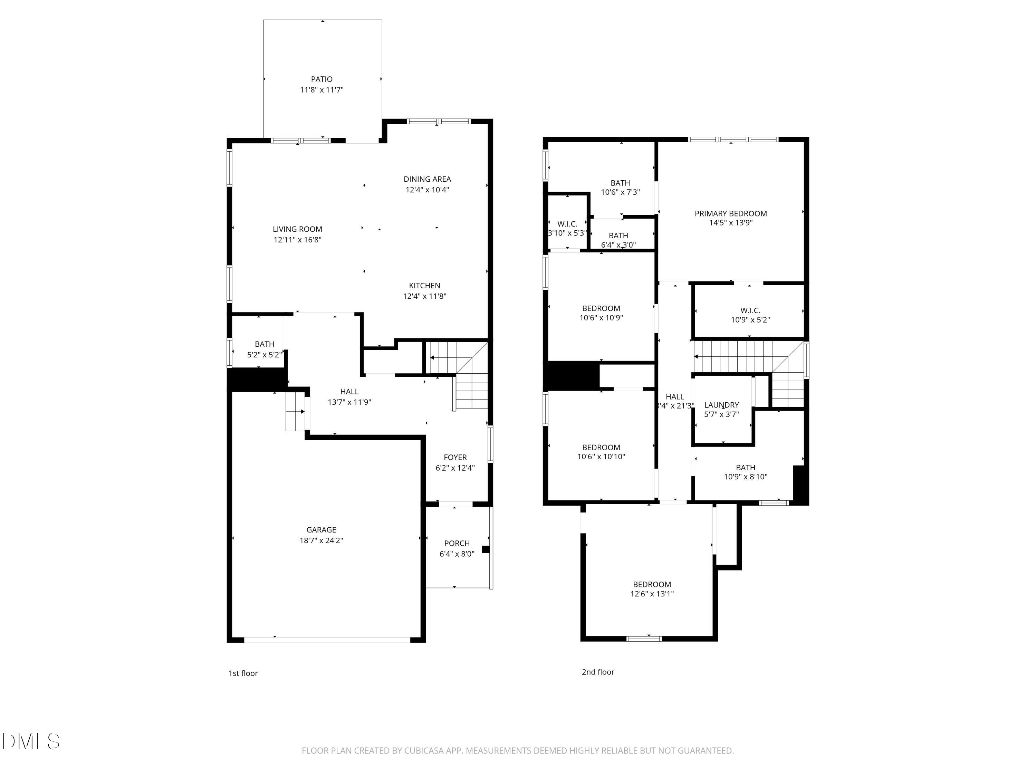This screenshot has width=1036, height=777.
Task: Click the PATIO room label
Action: (x=322, y=79)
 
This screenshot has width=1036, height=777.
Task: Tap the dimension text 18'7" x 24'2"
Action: (x=321, y=540)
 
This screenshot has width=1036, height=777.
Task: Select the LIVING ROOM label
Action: (x=297, y=229)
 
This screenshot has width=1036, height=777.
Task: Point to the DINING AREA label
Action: (x=427, y=179)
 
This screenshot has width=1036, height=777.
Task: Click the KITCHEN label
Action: (x=424, y=285)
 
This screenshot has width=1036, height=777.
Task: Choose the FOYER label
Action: (x=455, y=457)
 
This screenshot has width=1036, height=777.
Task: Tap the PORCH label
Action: (x=457, y=543)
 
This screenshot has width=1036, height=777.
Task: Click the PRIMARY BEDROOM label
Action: (x=731, y=213)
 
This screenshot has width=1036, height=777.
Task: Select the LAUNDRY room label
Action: (x=721, y=405)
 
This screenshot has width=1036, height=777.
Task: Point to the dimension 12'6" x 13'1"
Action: (x=652, y=594)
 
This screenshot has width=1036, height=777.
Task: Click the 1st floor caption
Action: (x=243, y=673)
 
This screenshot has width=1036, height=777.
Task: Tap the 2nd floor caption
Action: (x=598, y=672)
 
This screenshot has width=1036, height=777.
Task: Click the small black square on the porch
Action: (x=486, y=549)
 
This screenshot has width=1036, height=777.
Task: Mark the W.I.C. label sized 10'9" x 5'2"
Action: (x=750, y=310)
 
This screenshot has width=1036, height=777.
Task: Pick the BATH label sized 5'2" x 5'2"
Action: (x=264, y=344)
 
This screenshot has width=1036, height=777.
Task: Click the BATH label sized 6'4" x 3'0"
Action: (x=618, y=236)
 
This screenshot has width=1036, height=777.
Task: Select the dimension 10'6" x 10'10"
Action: (x=601, y=457)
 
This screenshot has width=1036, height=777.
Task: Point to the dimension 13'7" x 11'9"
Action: (x=349, y=402)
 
